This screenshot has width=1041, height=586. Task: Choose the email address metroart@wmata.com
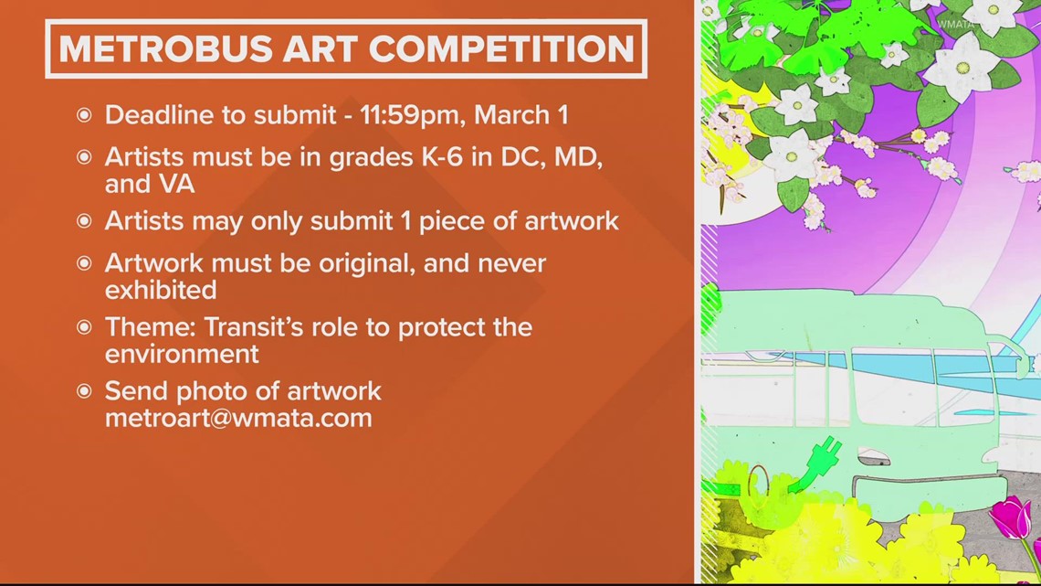coord(238,418)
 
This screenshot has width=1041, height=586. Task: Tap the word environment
coord(182,354)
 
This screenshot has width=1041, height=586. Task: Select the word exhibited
coord(161,290)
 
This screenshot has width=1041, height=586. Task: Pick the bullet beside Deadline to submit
coord(84,116)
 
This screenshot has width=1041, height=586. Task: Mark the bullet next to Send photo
coord(84,391)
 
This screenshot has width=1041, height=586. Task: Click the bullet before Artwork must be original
coord(84,264)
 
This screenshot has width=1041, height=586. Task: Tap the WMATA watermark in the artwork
coord(955,24)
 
